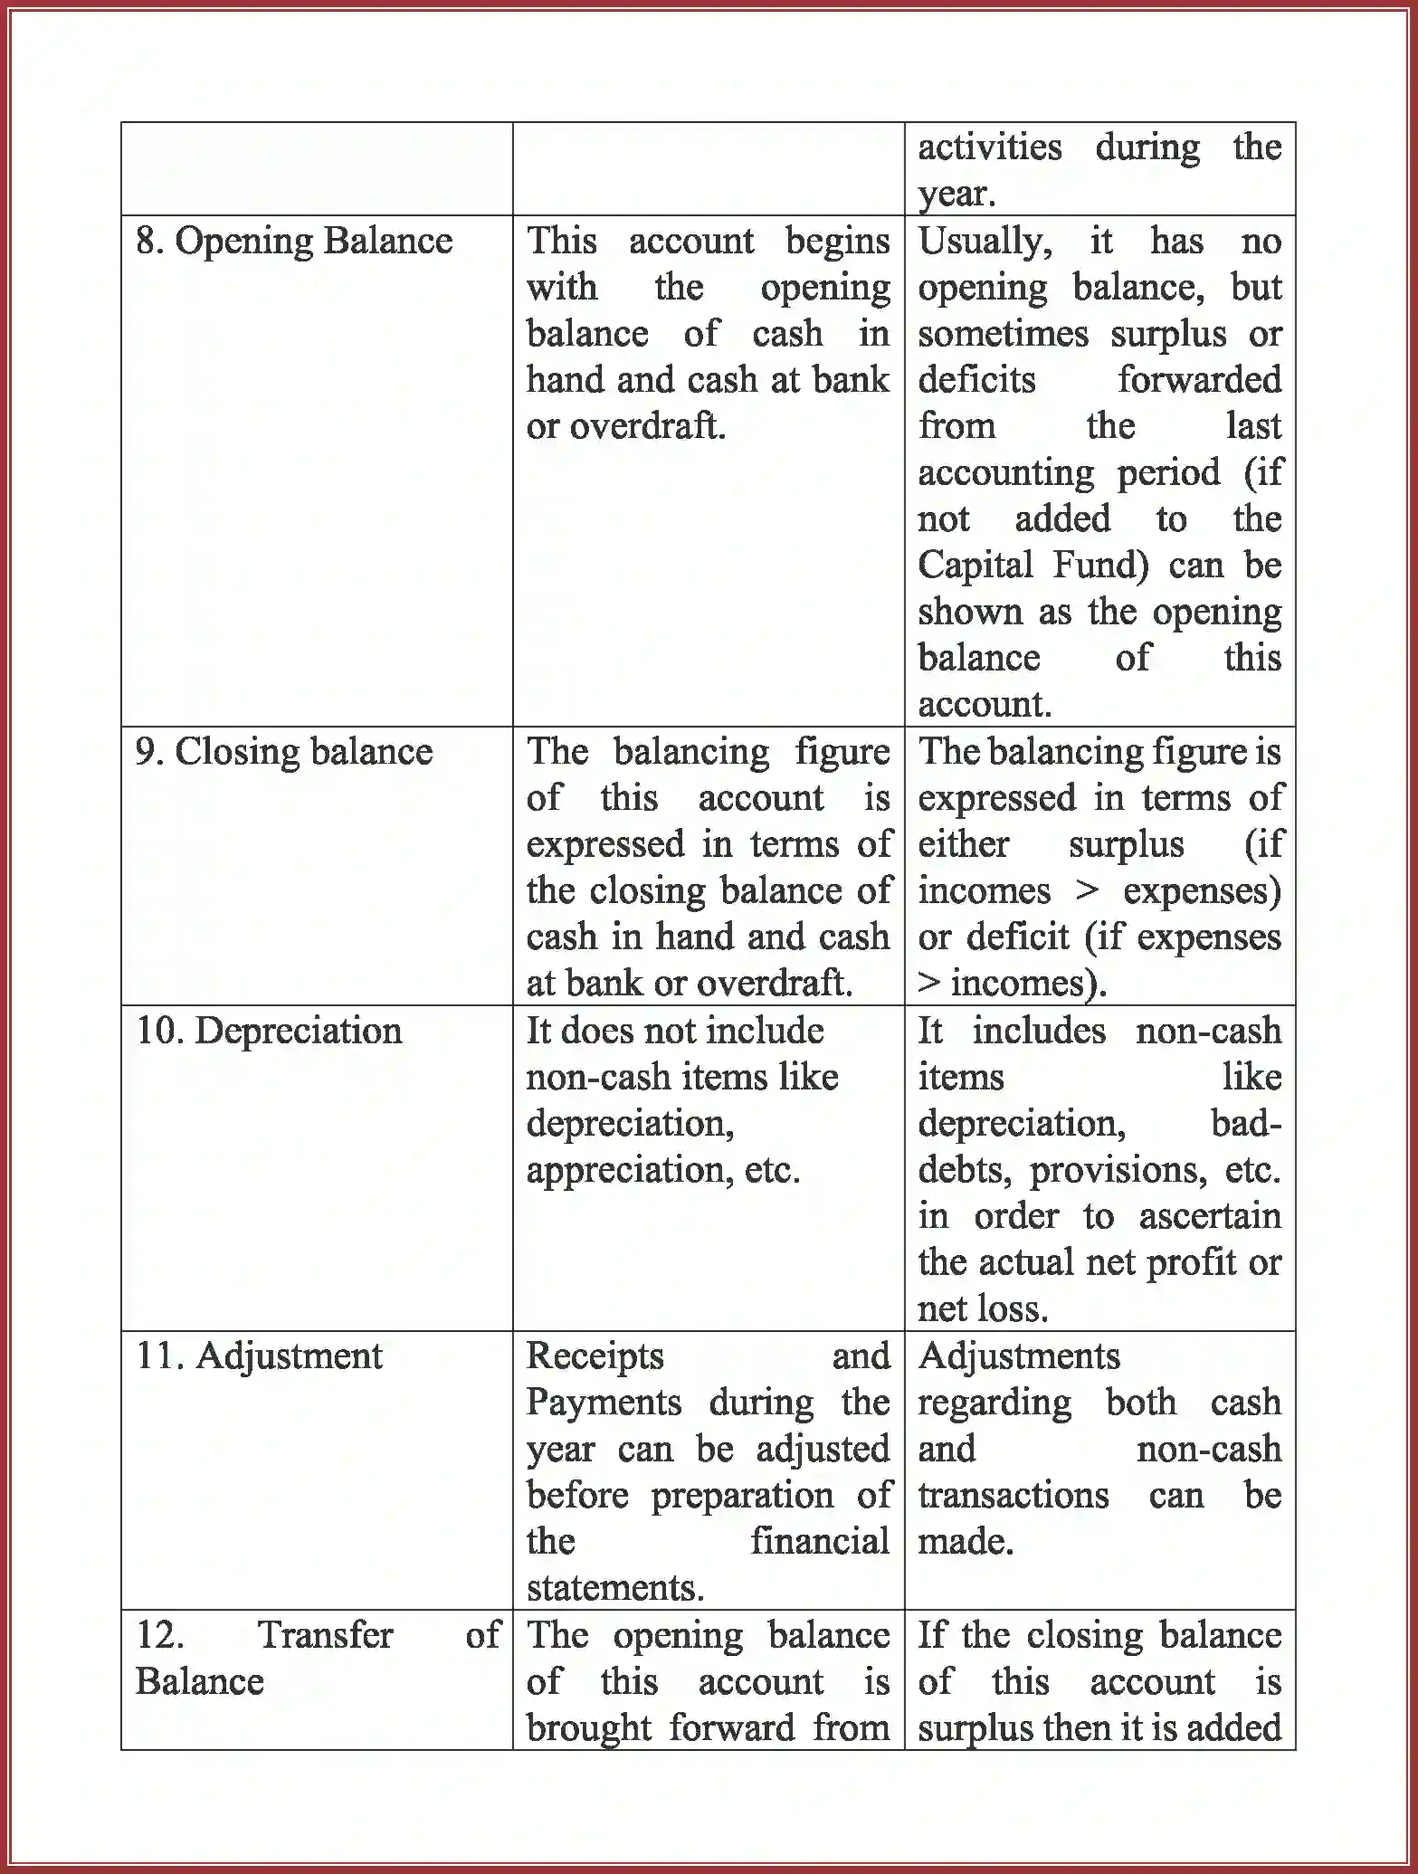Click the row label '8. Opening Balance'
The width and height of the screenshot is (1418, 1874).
(x=294, y=242)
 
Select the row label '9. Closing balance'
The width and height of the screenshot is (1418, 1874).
(x=284, y=753)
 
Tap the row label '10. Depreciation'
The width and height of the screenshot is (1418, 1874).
(x=269, y=1032)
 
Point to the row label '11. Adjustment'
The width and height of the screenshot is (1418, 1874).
(x=259, y=1356)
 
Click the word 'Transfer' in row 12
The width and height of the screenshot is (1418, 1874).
(x=325, y=1635)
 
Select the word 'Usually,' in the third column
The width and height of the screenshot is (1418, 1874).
(x=985, y=242)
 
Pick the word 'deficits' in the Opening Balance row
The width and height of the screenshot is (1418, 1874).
(x=976, y=380)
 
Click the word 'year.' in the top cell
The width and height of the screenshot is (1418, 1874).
(x=956, y=194)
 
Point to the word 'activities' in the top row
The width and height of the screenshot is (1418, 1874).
(x=989, y=147)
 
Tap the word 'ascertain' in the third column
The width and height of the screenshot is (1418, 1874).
(x=1209, y=1217)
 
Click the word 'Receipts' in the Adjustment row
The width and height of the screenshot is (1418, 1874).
(x=595, y=1356)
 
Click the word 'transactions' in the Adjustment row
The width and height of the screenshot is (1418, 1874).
(x=1013, y=1496)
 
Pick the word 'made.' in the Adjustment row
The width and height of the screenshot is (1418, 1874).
(x=965, y=1542)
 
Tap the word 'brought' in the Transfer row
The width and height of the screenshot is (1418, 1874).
(x=588, y=1728)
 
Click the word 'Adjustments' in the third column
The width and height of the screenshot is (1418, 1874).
(x=1019, y=1356)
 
